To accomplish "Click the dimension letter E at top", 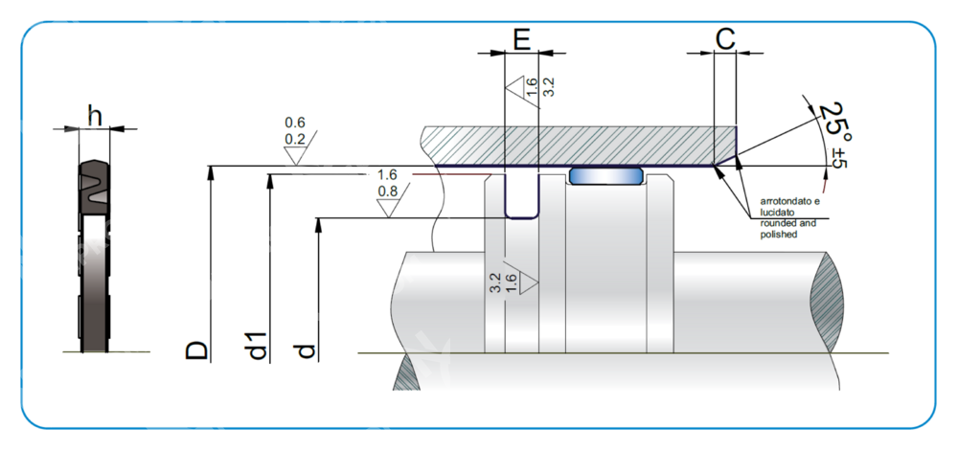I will point(521,39).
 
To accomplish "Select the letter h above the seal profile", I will point(94,115).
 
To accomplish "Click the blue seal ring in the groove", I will point(604,175).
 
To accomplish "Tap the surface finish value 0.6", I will point(295,123).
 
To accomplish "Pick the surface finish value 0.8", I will point(388,191).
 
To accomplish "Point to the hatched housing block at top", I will point(575,145).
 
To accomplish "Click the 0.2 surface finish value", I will point(295,139).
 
